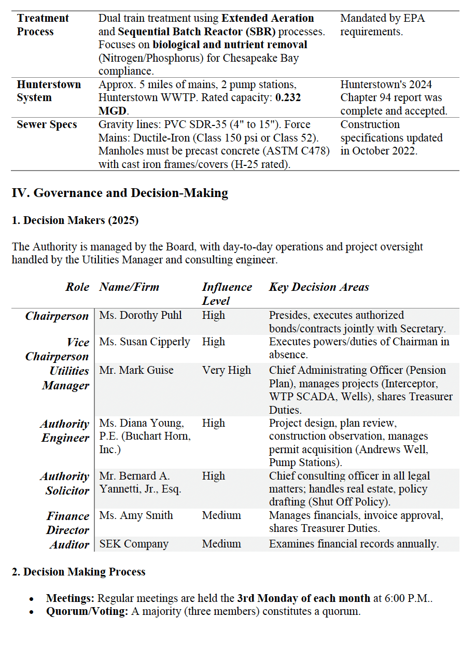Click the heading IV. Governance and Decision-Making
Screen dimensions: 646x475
120,193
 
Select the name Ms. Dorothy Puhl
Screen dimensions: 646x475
141,315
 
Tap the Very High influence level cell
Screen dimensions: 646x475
226,370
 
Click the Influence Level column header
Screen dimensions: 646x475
227,293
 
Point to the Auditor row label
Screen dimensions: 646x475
69,544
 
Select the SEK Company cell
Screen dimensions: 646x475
134,544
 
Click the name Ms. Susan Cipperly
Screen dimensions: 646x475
145,342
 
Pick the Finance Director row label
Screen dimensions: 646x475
67,523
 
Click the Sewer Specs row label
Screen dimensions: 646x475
47,124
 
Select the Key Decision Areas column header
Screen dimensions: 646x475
319,287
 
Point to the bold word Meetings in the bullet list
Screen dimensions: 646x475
70,598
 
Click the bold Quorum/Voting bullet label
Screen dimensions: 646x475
87,611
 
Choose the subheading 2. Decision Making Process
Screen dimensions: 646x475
78,572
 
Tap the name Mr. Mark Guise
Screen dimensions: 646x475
136,370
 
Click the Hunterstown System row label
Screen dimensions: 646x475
49,91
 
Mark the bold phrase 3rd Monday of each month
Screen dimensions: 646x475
303,598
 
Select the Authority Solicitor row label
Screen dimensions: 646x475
65,483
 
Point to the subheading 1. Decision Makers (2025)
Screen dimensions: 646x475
75,220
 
